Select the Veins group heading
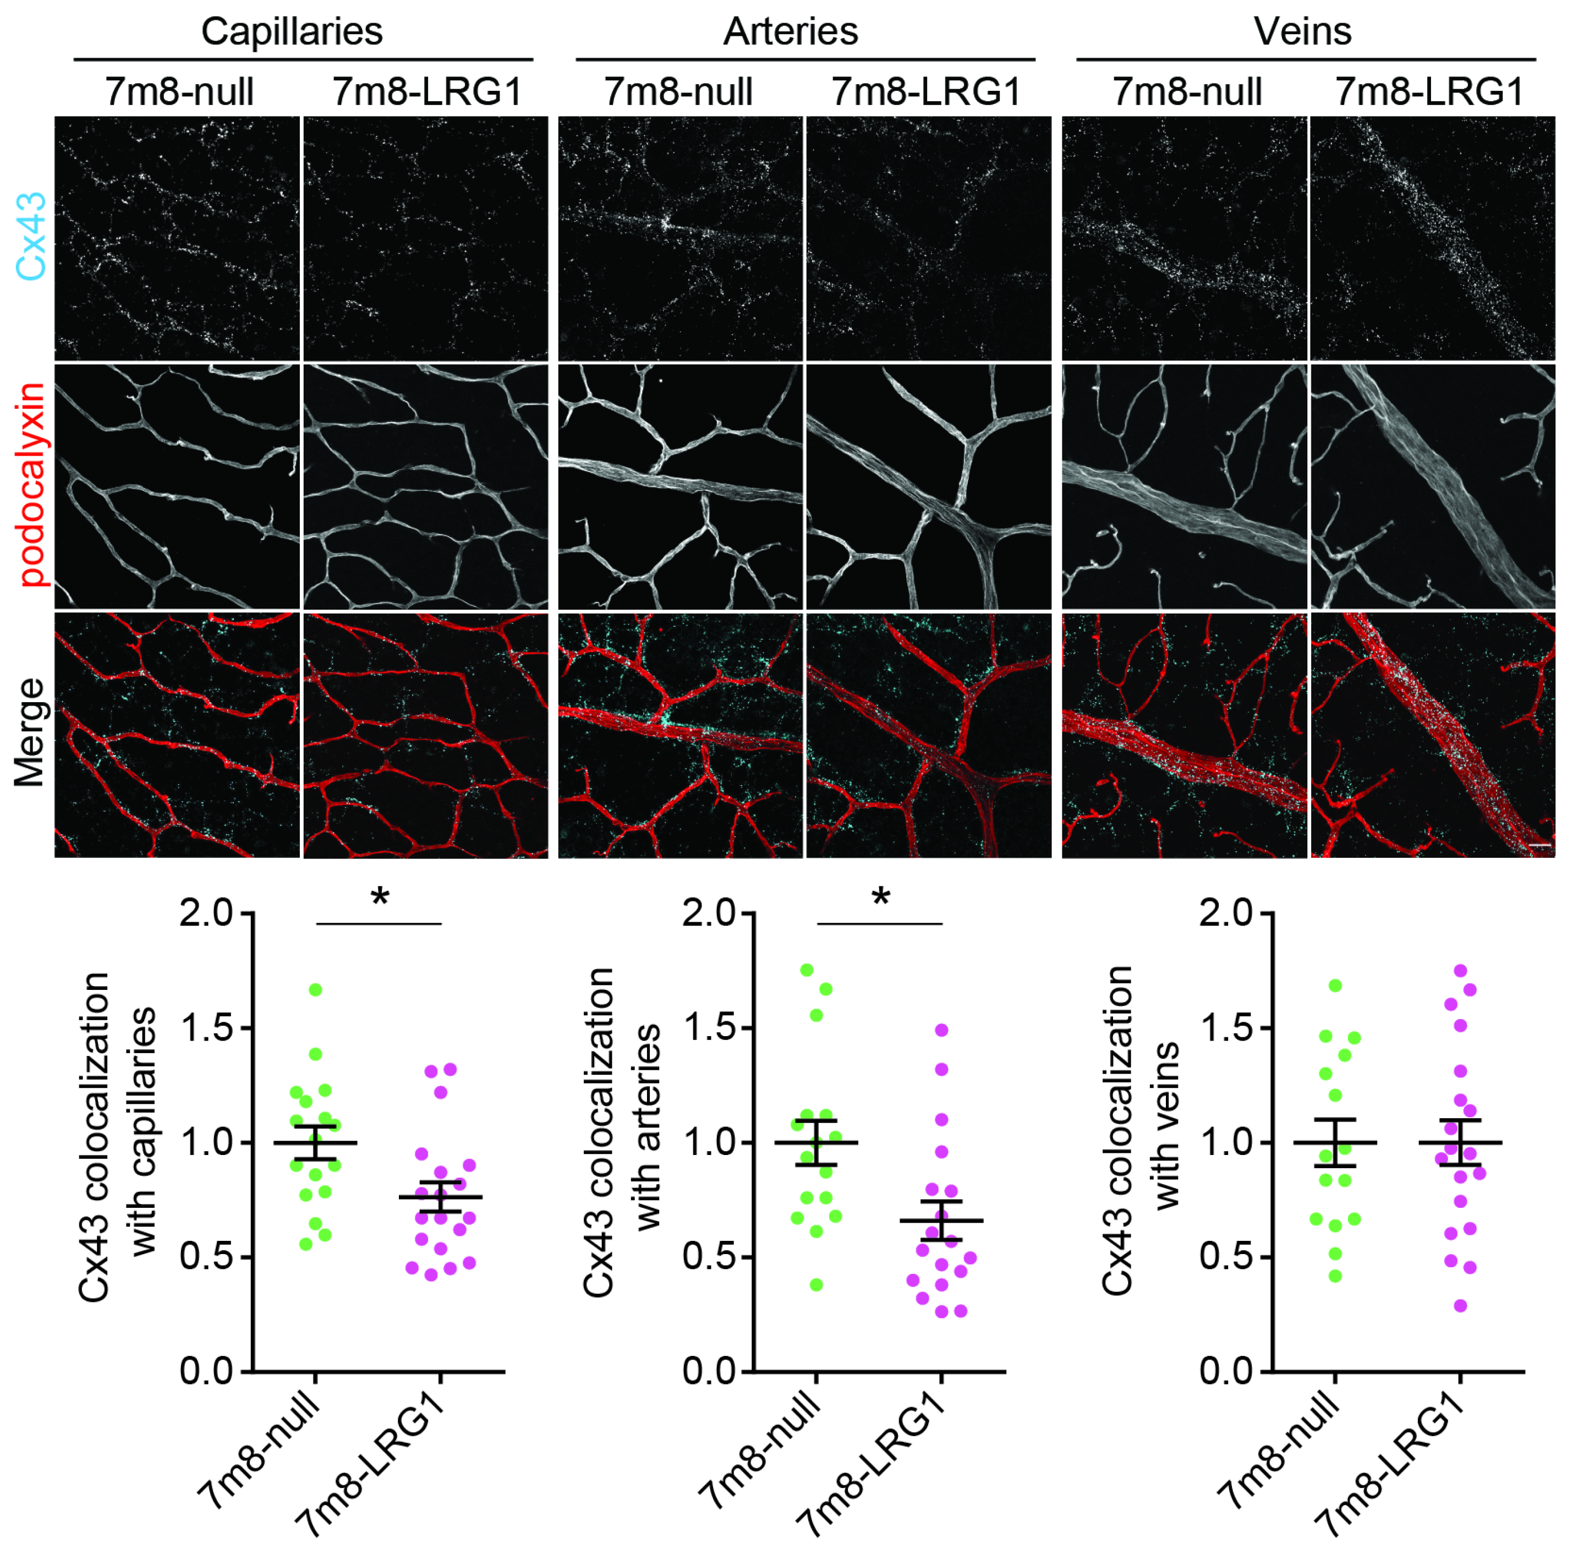pos(1302,32)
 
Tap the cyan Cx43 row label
pos(32,238)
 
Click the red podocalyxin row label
pos(32,486)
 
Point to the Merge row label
pos(30,732)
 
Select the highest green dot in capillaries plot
pos(316,989)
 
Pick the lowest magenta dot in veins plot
pos(1460,1306)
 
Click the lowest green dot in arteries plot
pos(816,1284)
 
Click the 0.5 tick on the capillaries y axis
pos(206,1257)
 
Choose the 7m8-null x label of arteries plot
pos(760,1448)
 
